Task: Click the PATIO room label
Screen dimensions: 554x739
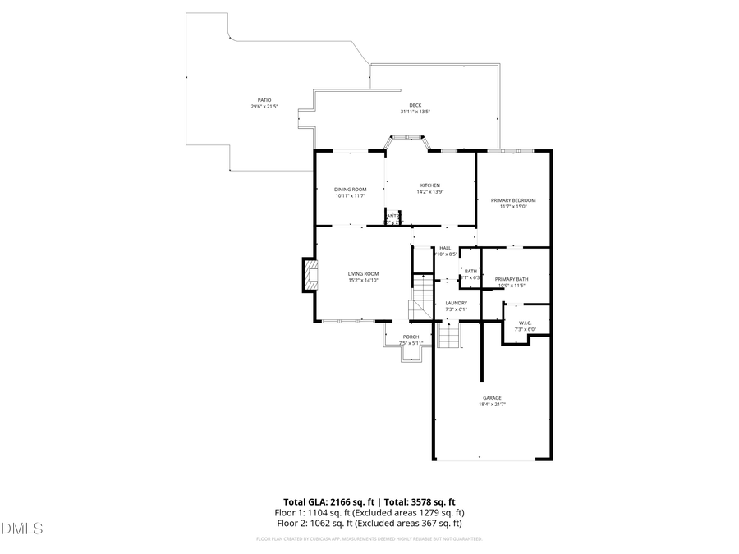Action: pos(264,100)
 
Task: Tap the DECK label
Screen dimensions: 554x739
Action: pos(415,105)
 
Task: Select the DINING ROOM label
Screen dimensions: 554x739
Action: pos(350,190)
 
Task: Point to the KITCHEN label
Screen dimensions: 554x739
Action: pos(430,185)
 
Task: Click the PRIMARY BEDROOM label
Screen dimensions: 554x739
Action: pos(513,200)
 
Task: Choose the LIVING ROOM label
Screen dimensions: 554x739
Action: pos(363,274)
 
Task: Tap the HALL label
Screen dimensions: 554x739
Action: pos(445,248)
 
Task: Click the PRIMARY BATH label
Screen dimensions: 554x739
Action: pos(512,279)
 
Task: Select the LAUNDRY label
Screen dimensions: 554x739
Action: pos(456,303)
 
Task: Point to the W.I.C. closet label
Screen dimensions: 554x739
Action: pos(524,323)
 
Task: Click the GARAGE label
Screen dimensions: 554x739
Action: pos(492,398)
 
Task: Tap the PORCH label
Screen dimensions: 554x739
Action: pos(411,337)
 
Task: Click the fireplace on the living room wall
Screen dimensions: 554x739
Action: pos(308,277)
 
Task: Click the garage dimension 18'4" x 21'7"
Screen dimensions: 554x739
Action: pos(492,405)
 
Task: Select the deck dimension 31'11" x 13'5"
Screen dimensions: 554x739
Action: pos(415,112)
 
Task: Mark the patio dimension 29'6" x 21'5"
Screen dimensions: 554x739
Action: pos(264,107)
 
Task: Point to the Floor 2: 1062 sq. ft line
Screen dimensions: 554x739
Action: pos(369,523)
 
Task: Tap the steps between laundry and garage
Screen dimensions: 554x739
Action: pos(448,335)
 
